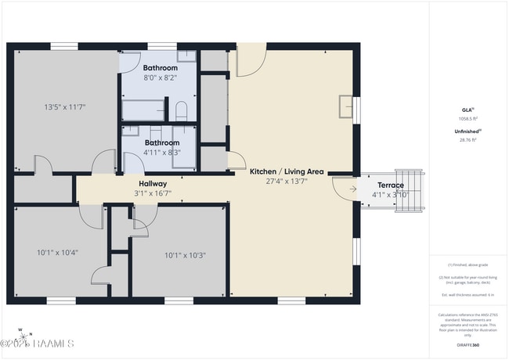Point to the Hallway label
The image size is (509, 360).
pyautogui.click(x=153, y=183)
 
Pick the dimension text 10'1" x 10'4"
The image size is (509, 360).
pyautogui.click(x=57, y=253)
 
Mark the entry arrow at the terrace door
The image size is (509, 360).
pyautogui.click(x=353, y=189)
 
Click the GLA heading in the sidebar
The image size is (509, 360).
pyautogui.click(x=467, y=110)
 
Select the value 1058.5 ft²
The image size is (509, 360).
pyautogui.click(x=467, y=119)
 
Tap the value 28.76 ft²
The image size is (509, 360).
pyautogui.click(x=467, y=139)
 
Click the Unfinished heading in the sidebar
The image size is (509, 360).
pyautogui.click(x=467, y=131)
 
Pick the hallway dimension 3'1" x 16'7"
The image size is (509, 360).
pyautogui.click(x=153, y=193)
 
